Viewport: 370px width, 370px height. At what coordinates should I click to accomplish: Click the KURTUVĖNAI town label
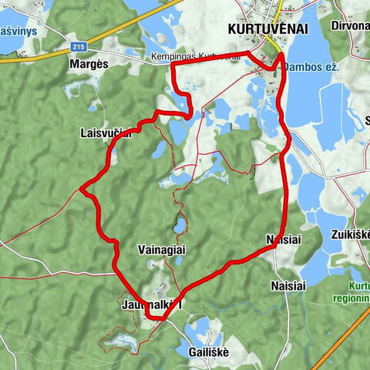[x=267, y=29]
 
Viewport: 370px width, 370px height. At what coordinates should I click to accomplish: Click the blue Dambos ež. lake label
[x=311, y=67]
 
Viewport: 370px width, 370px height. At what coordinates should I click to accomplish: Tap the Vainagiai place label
[x=162, y=251]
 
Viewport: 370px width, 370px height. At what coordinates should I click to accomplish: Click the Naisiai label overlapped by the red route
[x=281, y=239]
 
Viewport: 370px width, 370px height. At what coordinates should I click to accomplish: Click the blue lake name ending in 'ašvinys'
[x=16, y=33]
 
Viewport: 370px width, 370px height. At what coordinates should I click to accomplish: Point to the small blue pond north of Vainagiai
[x=179, y=225]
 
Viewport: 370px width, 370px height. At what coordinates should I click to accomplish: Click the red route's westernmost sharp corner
[x=81, y=187]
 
